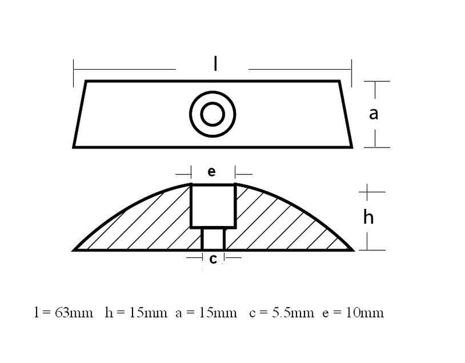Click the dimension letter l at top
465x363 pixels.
(215, 64)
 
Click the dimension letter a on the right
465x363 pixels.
(374, 114)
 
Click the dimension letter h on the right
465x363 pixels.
(369, 217)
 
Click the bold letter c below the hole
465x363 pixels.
(213, 260)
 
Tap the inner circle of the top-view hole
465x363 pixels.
(212, 113)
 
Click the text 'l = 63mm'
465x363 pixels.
(64, 312)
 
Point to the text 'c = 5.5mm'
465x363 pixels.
(278, 312)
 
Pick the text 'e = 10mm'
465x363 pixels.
(352, 312)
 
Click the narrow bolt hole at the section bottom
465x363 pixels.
(213, 238)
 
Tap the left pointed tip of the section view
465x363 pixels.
(75, 250)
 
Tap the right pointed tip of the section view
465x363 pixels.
(352, 250)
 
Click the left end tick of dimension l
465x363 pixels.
(74, 70)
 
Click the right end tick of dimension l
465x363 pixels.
(353, 70)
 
